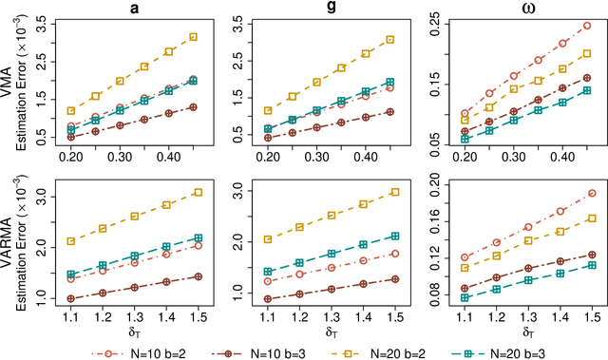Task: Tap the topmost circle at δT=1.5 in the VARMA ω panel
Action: [592, 193]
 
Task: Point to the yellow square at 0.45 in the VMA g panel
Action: [389, 40]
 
